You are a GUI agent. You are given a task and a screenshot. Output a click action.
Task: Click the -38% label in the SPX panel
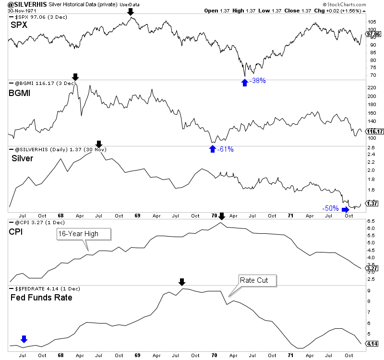tap(259, 81)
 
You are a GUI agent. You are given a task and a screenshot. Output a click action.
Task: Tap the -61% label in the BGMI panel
tap(226, 149)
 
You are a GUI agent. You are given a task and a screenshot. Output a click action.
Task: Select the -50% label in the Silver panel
tap(330, 208)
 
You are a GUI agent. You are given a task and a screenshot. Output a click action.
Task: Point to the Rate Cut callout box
tap(257, 280)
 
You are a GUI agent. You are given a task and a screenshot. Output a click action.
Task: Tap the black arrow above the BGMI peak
tap(75, 77)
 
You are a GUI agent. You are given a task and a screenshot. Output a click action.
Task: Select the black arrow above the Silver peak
tap(98, 144)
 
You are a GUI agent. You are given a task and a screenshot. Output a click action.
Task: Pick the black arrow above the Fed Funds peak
tap(181, 282)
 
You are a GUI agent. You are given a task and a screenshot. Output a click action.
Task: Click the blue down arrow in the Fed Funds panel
tap(24, 339)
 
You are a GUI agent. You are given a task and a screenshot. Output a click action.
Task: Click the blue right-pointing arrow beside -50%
tap(346, 209)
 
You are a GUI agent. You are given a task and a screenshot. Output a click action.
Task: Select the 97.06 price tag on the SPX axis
tap(372, 35)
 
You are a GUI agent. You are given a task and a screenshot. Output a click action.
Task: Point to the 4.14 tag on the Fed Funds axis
tap(372, 344)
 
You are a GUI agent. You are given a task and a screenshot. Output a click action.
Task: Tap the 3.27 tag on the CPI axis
tap(372, 269)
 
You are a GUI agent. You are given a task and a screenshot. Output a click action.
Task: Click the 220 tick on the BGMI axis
tap(371, 88)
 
